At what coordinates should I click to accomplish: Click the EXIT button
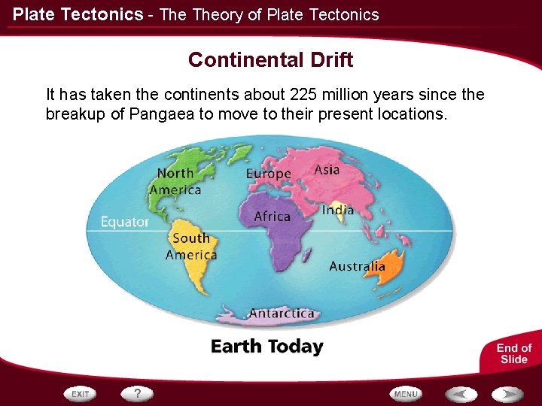[81, 393]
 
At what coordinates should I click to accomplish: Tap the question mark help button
[137, 393]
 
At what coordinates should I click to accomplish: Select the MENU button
[406, 393]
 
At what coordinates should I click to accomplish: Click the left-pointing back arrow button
[460, 393]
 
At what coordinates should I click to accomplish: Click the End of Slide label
[513, 353]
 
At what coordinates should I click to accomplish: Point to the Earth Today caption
[266, 347]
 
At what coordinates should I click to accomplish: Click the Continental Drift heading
[270, 59]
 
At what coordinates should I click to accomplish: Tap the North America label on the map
[175, 181]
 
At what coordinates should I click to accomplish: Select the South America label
[191, 247]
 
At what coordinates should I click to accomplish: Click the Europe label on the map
[268, 174]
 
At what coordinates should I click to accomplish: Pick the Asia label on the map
[327, 170]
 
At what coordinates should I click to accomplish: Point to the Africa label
[272, 217]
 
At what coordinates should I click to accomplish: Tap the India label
[337, 210]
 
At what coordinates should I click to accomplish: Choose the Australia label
[357, 266]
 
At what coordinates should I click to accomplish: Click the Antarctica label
[281, 313]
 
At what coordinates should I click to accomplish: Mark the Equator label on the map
[125, 223]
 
